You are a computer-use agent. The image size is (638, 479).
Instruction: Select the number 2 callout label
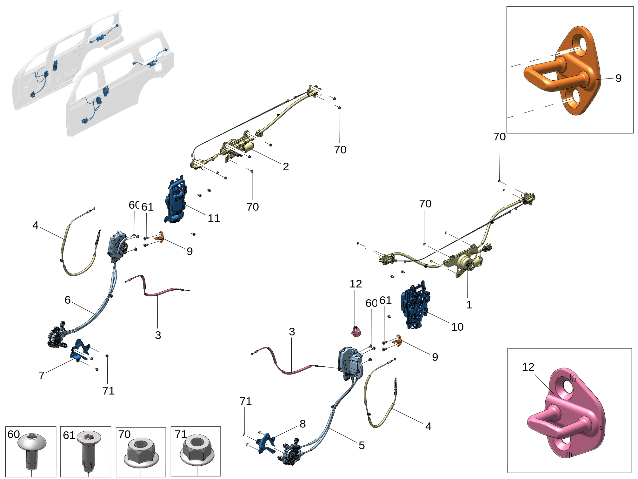pyautogui.click(x=286, y=166)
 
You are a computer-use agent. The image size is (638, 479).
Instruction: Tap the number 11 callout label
pyautogui.click(x=214, y=218)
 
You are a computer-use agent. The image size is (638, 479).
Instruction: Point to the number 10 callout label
pyautogui.click(x=457, y=327)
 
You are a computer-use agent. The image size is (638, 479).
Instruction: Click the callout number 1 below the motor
pyautogui.click(x=469, y=305)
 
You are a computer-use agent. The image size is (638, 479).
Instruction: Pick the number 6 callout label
pyautogui.click(x=68, y=300)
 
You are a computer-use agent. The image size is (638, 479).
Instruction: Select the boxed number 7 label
pyautogui.click(x=41, y=375)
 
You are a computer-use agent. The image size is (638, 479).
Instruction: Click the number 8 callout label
pyautogui.click(x=302, y=423)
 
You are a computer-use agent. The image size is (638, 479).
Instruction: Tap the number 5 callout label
pyautogui.click(x=362, y=445)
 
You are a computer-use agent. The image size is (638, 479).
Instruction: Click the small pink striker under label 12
pyautogui.click(x=356, y=332)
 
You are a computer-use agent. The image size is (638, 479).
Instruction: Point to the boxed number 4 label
pyautogui.click(x=35, y=225)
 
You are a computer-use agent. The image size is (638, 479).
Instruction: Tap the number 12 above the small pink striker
pyautogui.click(x=356, y=284)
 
